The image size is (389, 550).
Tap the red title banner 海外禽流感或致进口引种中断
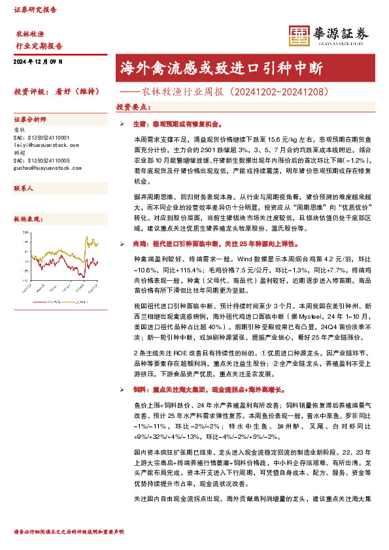coord(245,67)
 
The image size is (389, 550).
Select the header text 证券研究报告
coord(35,10)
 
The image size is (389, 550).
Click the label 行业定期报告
coord(39,46)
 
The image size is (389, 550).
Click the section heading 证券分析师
coord(30,120)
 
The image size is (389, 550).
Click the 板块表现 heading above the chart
coord(27,219)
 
